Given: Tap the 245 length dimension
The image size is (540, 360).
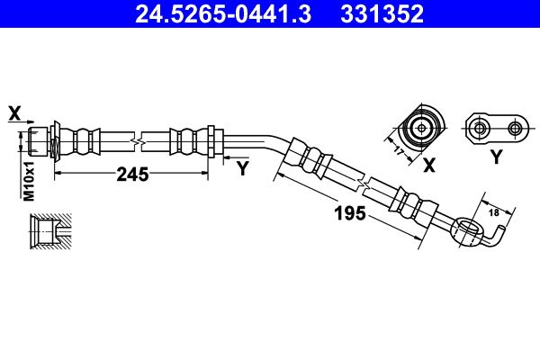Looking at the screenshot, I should (x=131, y=175).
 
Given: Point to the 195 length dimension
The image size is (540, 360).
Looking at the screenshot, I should (x=348, y=213).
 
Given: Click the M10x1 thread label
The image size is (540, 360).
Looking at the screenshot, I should (x=28, y=181).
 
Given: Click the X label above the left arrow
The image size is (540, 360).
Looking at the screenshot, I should (x=13, y=112).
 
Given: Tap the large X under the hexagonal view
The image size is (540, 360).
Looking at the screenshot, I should (x=428, y=165).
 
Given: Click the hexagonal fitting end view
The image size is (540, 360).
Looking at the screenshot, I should (x=421, y=128).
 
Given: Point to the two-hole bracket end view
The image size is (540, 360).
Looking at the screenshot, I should (x=495, y=128).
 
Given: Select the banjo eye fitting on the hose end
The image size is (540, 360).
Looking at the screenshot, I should (x=466, y=232).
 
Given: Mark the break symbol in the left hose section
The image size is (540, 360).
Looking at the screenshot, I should (x=137, y=142).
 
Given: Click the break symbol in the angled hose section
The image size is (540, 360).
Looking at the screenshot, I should (x=363, y=183).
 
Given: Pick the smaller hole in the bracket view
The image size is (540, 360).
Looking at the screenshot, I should (x=515, y=128).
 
